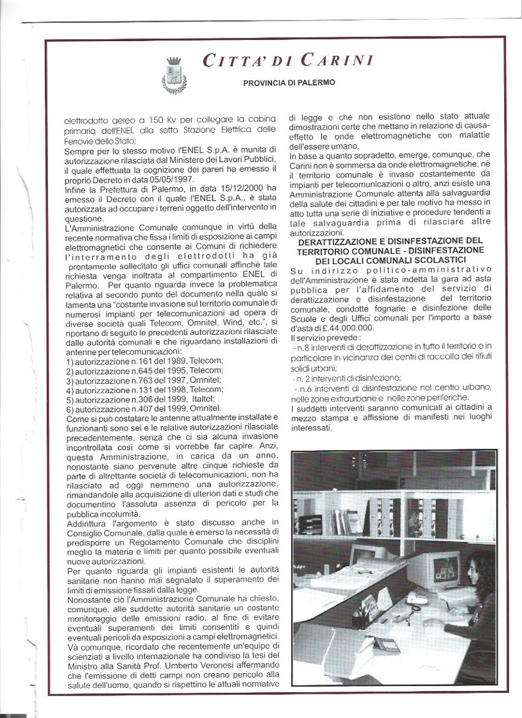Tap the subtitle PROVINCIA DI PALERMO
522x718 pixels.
[289, 83]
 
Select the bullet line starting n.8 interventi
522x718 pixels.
[391, 347]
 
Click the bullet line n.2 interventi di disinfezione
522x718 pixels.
[347, 378]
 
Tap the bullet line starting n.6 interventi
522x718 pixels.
[391, 388]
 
